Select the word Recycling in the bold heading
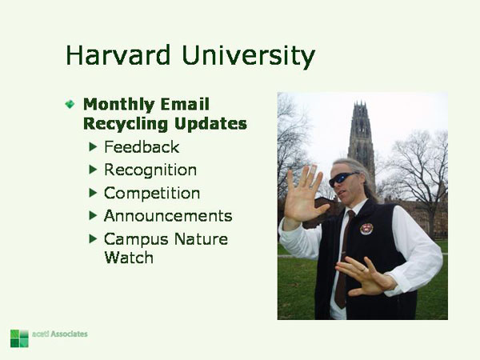point(125,124)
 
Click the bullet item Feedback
point(142,147)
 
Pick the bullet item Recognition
point(150,170)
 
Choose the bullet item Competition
point(152,194)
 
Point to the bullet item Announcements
point(168,216)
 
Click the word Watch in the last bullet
point(128,258)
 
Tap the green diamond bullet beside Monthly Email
point(70,104)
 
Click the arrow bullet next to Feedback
point(94,147)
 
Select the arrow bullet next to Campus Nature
point(94,238)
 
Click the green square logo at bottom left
point(19,338)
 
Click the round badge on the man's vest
point(366,229)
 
